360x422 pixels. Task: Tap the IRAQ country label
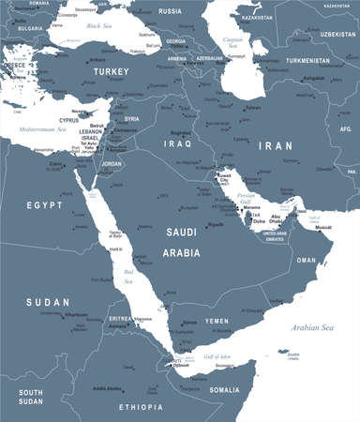click(x=177, y=144)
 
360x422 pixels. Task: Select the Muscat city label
click(x=322, y=227)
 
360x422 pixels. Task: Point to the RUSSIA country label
click(x=170, y=10)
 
